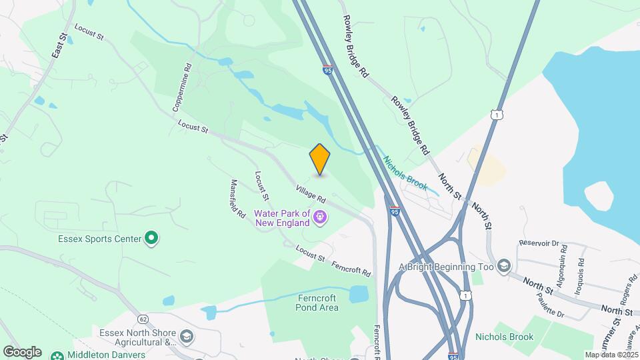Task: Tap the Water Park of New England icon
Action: pos(321,217)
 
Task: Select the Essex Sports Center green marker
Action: pos(151,238)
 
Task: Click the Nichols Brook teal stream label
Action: pos(404,171)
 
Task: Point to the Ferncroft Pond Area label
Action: pos(317,303)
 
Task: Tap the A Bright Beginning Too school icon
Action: pos(503,267)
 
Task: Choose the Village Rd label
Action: pos(311,195)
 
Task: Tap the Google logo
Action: pos(22,352)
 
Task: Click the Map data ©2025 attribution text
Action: pos(611,355)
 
